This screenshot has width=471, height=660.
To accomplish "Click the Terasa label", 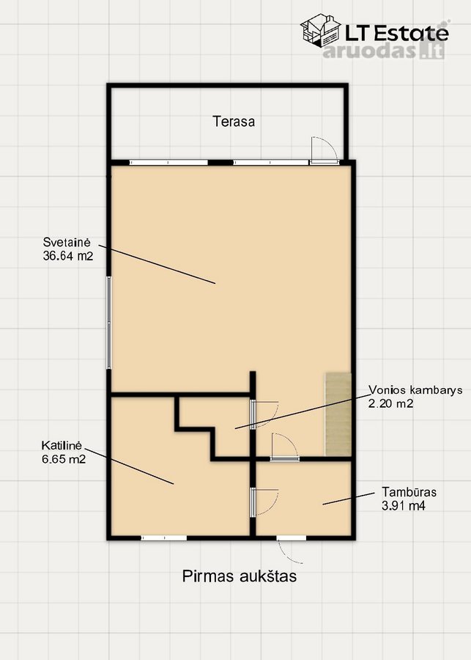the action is click(x=234, y=122).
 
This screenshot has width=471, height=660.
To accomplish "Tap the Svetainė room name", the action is click(x=67, y=243).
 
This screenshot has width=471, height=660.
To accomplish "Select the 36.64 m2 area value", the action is click(x=67, y=256).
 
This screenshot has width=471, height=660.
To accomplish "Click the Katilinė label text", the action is click(x=61, y=445).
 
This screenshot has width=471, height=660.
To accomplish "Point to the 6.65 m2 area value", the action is click(x=64, y=459).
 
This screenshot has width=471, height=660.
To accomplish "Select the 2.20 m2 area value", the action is click(x=390, y=403).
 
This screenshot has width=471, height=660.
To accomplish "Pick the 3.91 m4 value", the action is click(x=404, y=505).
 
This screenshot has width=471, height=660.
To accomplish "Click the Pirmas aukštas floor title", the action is click(x=240, y=576).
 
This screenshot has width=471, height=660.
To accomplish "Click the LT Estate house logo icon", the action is click(x=320, y=30).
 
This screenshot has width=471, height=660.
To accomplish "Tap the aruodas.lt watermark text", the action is click(x=384, y=51).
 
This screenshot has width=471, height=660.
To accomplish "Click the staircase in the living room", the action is click(x=338, y=414).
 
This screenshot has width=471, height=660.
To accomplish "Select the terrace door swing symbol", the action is click(x=324, y=150).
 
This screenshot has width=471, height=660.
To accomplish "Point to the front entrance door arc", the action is click(x=290, y=551).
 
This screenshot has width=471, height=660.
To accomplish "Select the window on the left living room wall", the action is click(x=109, y=323).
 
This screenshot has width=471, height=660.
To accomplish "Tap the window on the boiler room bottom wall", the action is click(x=163, y=538).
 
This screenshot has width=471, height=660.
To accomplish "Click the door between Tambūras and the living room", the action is click(x=285, y=447).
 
